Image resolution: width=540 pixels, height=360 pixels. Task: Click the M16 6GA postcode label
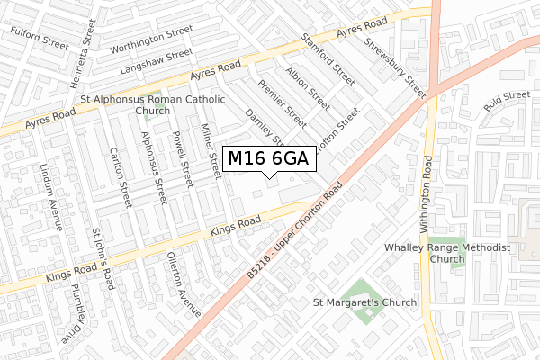point(268,159)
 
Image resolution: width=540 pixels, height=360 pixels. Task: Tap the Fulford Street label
point(40,37)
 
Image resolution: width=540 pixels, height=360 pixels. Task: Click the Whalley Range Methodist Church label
point(446,253)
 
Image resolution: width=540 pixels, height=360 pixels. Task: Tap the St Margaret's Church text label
point(364,302)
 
